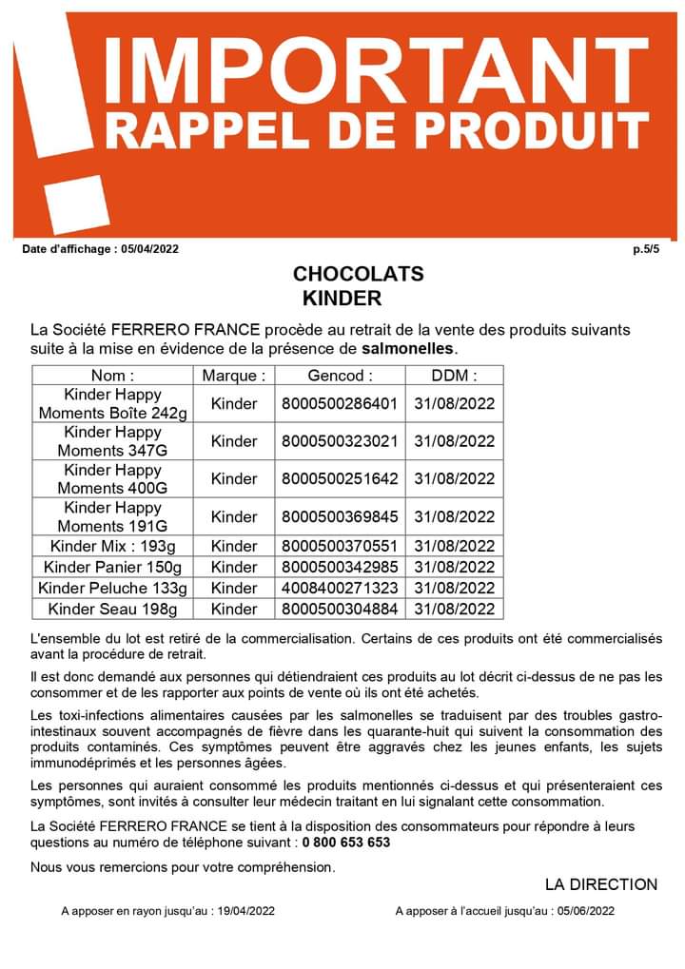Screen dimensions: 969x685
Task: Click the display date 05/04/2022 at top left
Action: (149, 250)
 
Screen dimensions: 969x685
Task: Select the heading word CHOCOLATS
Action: (358, 274)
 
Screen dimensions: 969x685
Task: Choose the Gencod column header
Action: (341, 375)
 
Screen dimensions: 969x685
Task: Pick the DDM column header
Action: (455, 375)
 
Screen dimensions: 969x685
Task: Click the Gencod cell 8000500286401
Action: (341, 403)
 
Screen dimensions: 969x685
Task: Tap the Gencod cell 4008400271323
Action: (341, 588)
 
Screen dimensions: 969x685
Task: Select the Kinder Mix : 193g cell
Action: (113, 546)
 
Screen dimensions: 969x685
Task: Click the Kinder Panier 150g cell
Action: (113, 567)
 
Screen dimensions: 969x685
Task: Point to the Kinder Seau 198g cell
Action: (113, 609)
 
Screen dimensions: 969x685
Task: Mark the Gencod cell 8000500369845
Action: (341, 516)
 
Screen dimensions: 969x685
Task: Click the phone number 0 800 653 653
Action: (346, 843)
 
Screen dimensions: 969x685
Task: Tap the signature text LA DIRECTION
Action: (601, 884)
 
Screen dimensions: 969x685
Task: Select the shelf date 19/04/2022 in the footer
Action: (244, 911)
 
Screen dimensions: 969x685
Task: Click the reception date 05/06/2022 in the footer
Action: (583, 911)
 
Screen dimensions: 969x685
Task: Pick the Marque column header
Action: (234, 375)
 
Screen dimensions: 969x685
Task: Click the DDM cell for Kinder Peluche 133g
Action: (455, 588)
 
